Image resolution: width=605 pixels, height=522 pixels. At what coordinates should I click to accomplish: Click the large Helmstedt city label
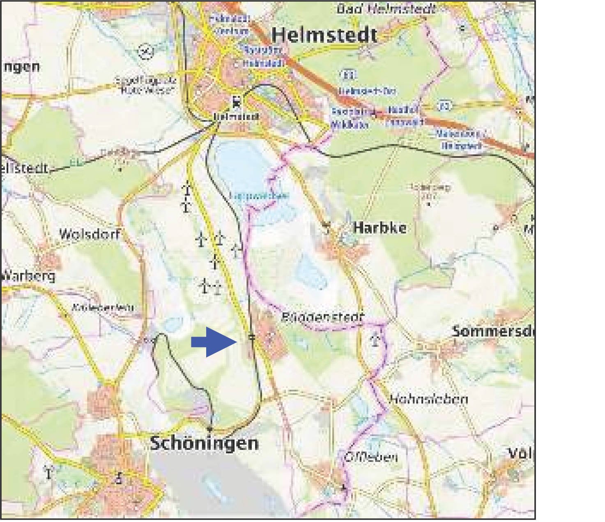[324, 35]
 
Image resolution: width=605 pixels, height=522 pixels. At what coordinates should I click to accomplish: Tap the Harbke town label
[380, 228]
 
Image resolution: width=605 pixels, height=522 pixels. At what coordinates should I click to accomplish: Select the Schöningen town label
[204, 443]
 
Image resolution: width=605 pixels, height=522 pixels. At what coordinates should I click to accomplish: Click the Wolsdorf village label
[90, 234]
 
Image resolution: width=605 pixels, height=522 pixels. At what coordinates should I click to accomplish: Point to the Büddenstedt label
[322, 317]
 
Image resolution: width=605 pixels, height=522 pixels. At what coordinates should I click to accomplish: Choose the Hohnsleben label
[428, 399]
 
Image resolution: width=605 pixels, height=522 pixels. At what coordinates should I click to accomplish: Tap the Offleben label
[371, 457]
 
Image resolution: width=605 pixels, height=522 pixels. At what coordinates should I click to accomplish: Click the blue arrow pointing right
[214, 342]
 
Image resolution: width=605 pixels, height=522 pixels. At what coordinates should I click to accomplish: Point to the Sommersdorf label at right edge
[493, 331]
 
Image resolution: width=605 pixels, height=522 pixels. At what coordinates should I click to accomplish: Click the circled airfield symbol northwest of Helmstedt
[146, 52]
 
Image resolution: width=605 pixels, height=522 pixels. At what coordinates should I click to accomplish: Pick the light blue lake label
[259, 195]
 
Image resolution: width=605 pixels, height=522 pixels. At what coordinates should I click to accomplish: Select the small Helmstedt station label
[237, 117]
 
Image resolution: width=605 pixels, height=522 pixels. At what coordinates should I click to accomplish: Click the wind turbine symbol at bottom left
[49, 472]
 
